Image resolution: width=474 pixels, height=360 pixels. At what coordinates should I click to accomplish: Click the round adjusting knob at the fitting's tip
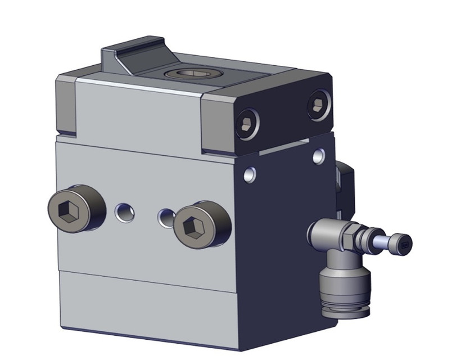tap(403, 243)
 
